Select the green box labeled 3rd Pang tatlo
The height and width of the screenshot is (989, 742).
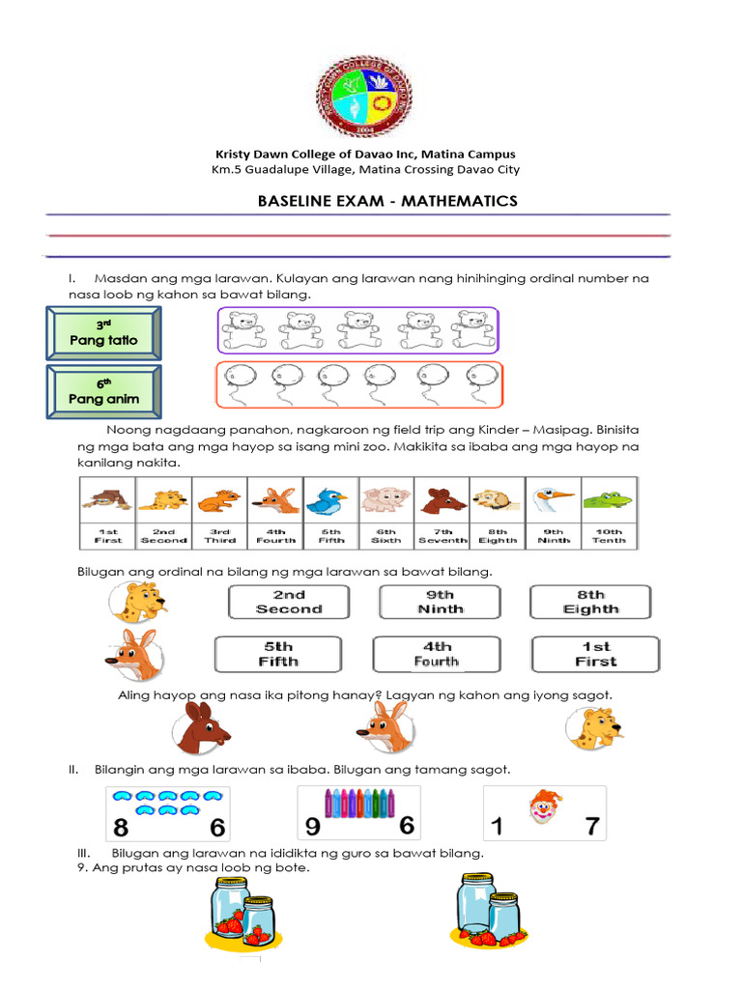[103, 331]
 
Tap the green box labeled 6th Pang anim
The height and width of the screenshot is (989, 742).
[103, 391]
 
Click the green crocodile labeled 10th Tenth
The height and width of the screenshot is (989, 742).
[608, 500]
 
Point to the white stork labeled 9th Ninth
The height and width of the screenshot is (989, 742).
[553, 500]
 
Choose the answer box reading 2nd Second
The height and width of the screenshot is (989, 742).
[289, 602]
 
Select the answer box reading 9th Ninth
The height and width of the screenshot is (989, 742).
[440, 602]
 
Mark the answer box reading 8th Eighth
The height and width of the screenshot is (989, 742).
[590, 602]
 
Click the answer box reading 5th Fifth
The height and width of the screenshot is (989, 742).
[277, 654]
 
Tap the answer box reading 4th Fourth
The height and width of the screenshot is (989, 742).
[436, 654]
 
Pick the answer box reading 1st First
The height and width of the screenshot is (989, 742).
[595, 654]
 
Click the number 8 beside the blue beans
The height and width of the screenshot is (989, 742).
[121, 827]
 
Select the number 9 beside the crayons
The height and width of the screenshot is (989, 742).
[312, 827]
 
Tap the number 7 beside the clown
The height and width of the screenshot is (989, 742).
[591, 827]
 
